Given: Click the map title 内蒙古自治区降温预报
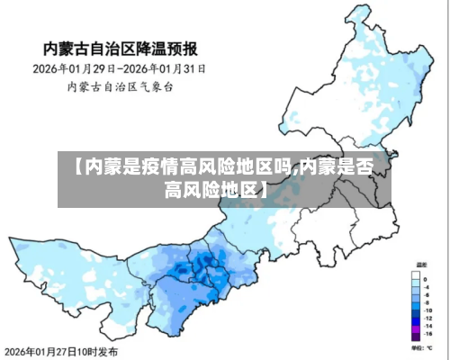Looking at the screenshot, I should click(121, 47).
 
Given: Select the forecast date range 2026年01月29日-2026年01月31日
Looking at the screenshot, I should click(121, 68).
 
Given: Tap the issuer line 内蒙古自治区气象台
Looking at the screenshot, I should click(121, 86).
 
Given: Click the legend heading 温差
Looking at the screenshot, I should click(421, 265).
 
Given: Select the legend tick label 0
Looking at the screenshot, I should click(425, 279).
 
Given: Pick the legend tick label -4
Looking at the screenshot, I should click(427, 287).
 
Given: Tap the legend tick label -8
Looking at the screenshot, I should click(427, 302).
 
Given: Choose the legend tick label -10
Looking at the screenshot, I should click(427, 310).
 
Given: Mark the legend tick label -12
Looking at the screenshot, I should click(427, 319).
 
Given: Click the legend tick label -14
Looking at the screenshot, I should click(427, 326).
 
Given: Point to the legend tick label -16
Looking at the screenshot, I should click(427, 334).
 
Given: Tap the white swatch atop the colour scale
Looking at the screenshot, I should click(416, 275).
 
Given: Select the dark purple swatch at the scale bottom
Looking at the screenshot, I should click(416, 337).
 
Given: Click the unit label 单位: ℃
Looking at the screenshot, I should click(421, 347).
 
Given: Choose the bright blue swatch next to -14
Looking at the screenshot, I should click(416, 322).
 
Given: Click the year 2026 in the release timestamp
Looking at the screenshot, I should click(16, 351).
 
